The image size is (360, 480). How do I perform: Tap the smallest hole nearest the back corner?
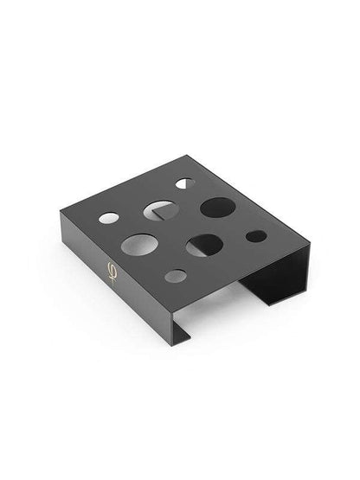pyautogui.click(x=183, y=183)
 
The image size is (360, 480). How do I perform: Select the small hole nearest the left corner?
pyautogui.click(x=108, y=218)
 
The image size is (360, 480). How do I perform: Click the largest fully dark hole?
pyautogui.click(x=217, y=208)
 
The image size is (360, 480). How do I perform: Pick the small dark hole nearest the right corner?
pyautogui.click(x=256, y=235)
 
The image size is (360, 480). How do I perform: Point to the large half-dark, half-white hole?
pyautogui.click(x=204, y=246)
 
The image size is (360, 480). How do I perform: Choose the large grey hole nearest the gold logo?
pyautogui.click(x=139, y=245)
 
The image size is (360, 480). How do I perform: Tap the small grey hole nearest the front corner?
pyautogui.click(x=176, y=276)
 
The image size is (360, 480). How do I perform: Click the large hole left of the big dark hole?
pyautogui.click(x=160, y=210)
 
